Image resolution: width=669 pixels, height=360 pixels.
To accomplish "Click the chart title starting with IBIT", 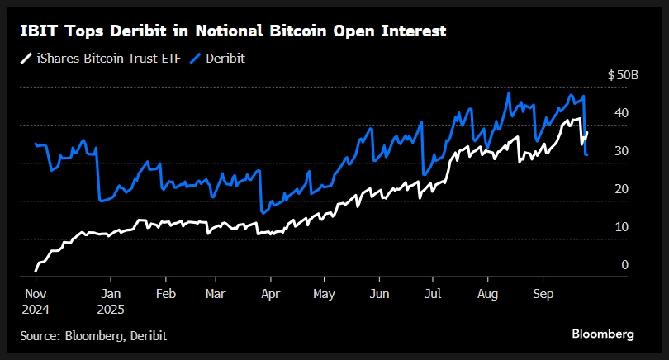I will coord(234,31).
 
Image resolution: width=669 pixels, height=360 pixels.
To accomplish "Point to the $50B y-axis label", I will coord(623,75).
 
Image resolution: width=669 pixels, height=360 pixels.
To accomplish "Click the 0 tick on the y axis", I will coord(624,265).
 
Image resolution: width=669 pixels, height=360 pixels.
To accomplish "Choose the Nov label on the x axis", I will coord(35,293).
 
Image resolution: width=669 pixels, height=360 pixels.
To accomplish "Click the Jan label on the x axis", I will coord(111,293).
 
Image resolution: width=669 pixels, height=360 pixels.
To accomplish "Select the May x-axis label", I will coord(325,293).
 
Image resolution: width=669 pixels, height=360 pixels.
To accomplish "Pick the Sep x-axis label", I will coord(543,293).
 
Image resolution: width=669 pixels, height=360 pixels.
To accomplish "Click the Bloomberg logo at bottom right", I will coord(603,334).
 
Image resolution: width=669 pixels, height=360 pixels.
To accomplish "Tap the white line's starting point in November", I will coord(36,270).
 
